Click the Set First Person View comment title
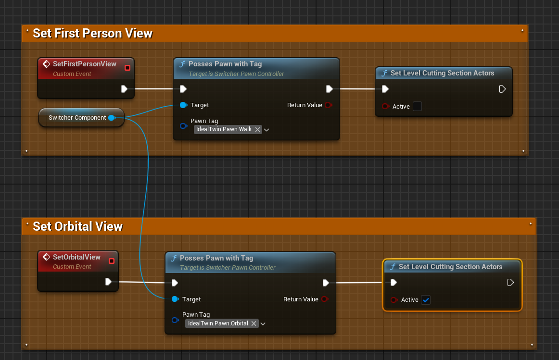coord(93,34)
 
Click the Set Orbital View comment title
coord(78,226)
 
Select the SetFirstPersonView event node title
coord(85,64)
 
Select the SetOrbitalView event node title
coord(76,257)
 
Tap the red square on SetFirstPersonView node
coord(127,68)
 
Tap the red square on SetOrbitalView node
coord(112,261)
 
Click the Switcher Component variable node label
coord(77,118)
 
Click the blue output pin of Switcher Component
coord(112,118)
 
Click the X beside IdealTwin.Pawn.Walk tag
coord(257,130)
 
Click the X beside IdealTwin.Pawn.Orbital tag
coord(254,323)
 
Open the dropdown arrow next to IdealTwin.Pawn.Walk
coord(267,130)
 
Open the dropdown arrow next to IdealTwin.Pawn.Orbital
coord(263,324)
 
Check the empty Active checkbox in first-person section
coord(417,107)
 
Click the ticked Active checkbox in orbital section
coord(426,300)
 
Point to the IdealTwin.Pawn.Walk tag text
coord(224,129)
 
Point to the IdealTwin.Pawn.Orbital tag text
coord(218,323)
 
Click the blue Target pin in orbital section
coord(175,299)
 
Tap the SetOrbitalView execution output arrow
coord(108,282)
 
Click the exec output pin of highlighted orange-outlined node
coord(510,282)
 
